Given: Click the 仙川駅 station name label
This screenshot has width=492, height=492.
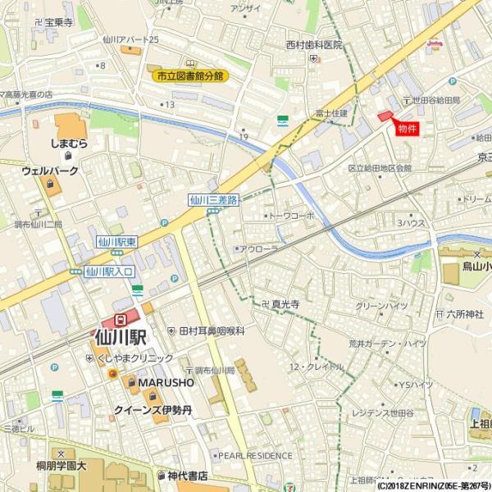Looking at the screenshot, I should (x=120, y=337).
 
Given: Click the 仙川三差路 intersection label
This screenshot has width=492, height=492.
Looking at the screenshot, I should (x=213, y=199).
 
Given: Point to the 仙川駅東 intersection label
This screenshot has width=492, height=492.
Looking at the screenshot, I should (x=116, y=242).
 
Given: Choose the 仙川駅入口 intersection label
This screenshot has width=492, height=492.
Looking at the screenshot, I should (x=109, y=271).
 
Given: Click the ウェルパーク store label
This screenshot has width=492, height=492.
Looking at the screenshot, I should (x=50, y=171).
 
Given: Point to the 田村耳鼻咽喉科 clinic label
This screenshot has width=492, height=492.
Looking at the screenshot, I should (x=212, y=330).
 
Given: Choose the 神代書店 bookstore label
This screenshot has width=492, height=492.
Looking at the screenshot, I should (x=187, y=476).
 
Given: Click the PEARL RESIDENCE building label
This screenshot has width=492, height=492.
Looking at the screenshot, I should (x=254, y=455).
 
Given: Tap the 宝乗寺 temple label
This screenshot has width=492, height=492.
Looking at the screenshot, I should (x=59, y=22).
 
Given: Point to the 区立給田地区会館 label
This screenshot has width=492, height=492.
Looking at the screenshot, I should (x=379, y=168).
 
